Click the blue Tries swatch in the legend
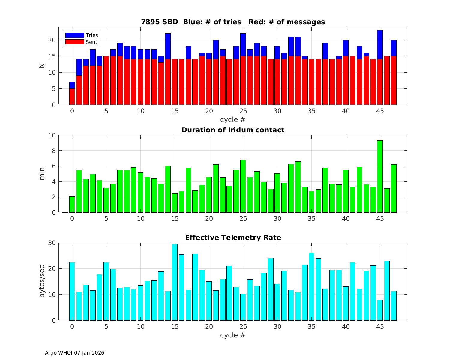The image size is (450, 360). (x=74, y=35)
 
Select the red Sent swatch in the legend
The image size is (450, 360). (x=74, y=42)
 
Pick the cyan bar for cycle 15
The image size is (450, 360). (x=175, y=282)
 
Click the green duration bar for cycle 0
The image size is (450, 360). (x=72, y=205)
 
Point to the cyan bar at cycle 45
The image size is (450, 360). (x=380, y=310)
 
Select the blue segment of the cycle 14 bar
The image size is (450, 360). (x=168, y=46)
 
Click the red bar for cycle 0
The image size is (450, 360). (x=72, y=97)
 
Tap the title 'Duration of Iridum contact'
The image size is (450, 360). (x=233, y=130)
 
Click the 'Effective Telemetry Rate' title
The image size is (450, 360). (x=233, y=238)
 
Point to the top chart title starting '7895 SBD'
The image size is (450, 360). (x=233, y=22)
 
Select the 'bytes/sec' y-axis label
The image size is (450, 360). (x=42, y=281)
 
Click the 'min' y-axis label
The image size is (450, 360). (x=42, y=174)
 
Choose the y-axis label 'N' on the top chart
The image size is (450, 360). (x=42, y=66)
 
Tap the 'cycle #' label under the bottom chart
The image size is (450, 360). (x=233, y=335)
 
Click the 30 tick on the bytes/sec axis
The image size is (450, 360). (x=52, y=243)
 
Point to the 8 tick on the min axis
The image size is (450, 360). (x=54, y=151)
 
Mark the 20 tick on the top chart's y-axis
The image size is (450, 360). (x=52, y=40)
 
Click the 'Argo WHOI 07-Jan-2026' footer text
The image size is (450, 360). (x=74, y=353)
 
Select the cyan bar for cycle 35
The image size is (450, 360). (x=311, y=286)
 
